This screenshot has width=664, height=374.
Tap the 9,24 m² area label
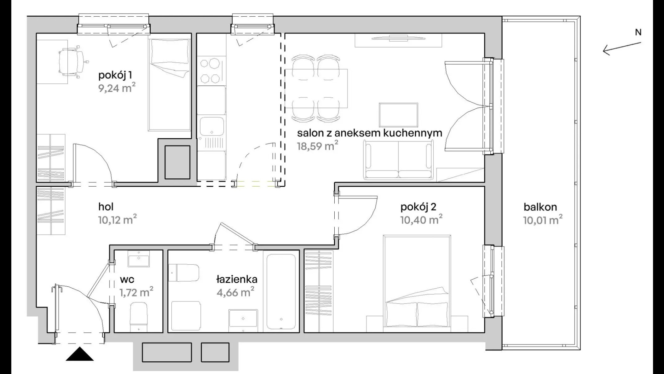(117, 88)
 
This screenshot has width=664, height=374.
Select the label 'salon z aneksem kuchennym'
(370, 133)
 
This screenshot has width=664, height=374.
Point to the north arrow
(622, 48)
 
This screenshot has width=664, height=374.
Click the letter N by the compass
(638, 32)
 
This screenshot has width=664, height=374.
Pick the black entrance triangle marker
(80, 354)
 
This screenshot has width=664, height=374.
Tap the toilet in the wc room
(138, 317)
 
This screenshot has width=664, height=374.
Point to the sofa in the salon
(398, 160)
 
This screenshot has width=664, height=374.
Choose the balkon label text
(540, 207)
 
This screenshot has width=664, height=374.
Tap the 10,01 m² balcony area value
(543, 220)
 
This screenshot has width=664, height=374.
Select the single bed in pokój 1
(169, 84)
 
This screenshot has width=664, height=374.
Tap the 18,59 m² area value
(317, 146)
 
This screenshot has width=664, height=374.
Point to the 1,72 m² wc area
(136, 293)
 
